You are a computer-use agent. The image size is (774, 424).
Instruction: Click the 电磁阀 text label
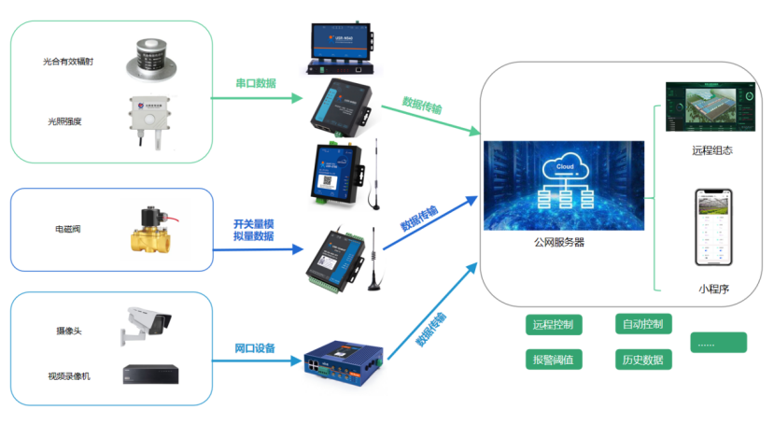(x=68, y=229)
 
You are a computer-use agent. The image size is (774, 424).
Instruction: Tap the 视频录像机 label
(x=68, y=375)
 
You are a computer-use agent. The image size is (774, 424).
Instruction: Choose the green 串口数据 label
(x=255, y=83)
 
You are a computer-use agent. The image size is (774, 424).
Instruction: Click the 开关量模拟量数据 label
(x=253, y=230)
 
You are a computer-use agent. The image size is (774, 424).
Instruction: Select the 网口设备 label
(x=254, y=348)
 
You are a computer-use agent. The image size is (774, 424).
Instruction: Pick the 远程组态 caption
(x=711, y=149)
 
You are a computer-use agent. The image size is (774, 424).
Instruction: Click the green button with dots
(x=719, y=343)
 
